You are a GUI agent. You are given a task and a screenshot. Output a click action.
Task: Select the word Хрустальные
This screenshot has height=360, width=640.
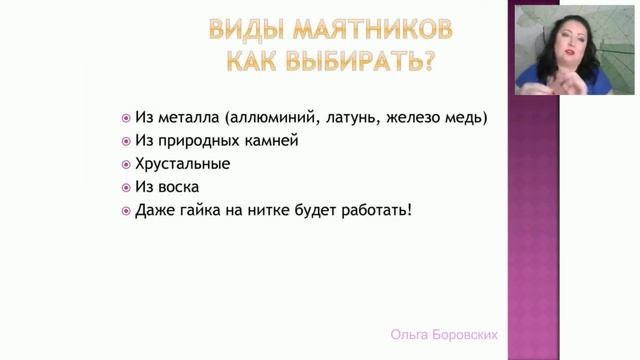[182, 163]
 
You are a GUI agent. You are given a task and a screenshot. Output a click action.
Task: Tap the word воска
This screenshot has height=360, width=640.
[178, 186]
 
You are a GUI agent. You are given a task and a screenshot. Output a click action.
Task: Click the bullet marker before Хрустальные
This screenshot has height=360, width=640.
[125, 163]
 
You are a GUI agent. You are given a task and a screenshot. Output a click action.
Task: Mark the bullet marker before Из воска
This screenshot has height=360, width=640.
[125, 186]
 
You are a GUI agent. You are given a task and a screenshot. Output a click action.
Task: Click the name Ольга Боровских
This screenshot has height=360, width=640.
[445, 336]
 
